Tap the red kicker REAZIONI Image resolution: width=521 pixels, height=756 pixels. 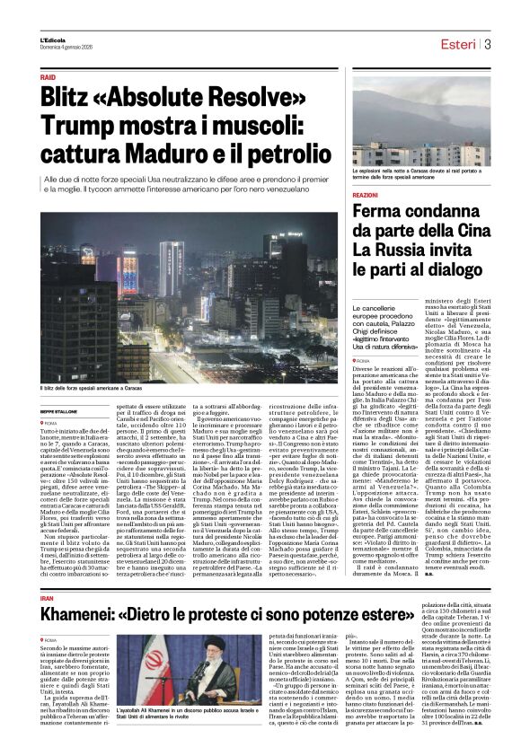point(366,195)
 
